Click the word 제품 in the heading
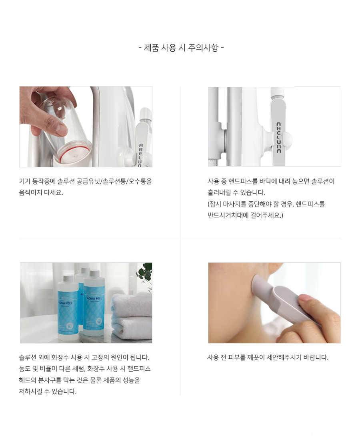click(151, 48)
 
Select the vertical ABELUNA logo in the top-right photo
click(279, 137)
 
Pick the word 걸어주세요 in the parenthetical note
click(267, 215)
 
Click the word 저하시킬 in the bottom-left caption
click(30, 392)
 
